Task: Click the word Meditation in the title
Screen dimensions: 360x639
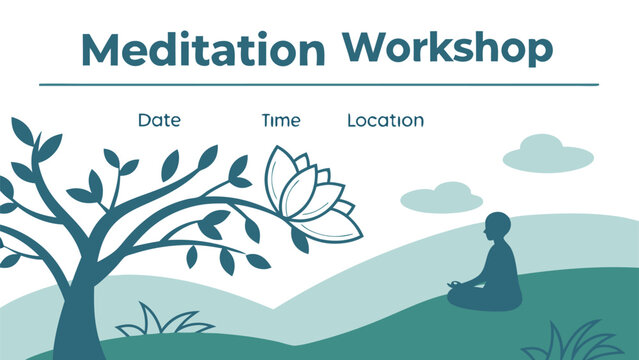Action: pos(202,51)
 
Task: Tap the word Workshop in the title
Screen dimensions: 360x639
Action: pos(446,47)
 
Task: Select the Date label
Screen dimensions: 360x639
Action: pos(159,120)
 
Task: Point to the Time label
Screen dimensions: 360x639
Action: pos(280,120)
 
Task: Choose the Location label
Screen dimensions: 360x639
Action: pos(385,120)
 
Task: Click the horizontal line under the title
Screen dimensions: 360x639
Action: pos(320,85)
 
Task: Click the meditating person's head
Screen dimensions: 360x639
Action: pos(496,227)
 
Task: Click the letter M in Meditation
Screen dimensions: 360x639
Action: pos(99,51)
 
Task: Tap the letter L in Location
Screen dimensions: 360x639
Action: pos(352,120)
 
